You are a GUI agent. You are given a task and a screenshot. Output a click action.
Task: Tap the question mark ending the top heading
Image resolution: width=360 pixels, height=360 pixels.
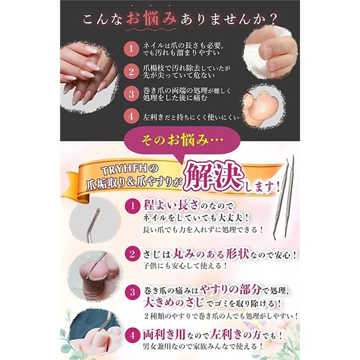[x=273, y=19]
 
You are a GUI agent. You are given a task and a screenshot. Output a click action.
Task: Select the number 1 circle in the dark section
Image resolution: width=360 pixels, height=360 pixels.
[x=131, y=48]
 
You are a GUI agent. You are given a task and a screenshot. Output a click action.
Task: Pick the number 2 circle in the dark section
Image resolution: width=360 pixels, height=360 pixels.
[x=131, y=71]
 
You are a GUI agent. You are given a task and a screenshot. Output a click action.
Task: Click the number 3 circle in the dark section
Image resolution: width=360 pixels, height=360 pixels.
[x=131, y=93]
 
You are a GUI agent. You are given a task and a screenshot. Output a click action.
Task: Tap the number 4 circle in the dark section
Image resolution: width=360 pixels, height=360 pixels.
[x=131, y=116]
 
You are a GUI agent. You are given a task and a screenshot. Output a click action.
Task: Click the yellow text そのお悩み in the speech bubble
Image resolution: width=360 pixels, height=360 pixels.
[x=175, y=140]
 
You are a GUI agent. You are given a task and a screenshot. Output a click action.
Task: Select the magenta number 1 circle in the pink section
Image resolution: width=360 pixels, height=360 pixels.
[x=132, y=205]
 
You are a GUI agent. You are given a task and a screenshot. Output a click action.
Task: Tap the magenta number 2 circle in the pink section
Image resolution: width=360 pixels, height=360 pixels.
[x=132, y=254]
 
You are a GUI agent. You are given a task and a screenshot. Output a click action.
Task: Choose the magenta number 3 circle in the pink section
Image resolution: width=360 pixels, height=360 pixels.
[x=132, y=292]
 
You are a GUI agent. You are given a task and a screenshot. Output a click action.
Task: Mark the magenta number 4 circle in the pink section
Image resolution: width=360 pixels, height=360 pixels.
[x=132, y=334]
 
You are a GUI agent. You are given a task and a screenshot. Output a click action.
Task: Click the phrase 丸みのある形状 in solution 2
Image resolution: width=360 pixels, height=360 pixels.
[x=211, y=254]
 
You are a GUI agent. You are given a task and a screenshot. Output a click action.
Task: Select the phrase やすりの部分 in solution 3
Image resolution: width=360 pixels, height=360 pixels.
[x=230, y=290]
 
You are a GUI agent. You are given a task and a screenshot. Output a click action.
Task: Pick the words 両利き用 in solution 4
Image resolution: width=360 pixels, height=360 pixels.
[x=164, y=334]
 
